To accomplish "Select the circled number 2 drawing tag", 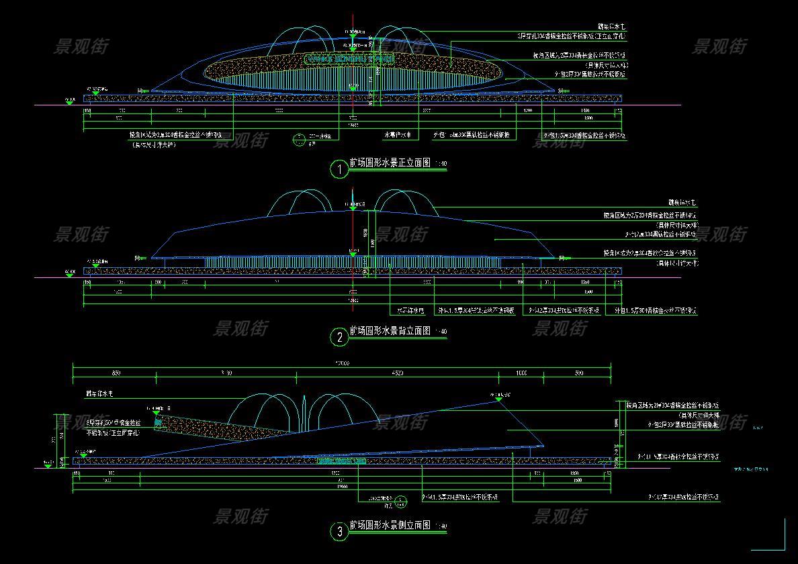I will pyautogui.click(x=340, y=337).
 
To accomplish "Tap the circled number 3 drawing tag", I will pyautogui.click(x=340, y=532).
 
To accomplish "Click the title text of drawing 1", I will pyautogui.click(x=390, y=163).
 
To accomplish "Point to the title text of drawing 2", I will pyautogui.click(x=390, y=331).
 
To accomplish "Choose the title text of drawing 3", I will pyautogui.click(x=390, y=525).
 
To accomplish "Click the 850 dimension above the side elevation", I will pyautogui.click(x=116, y=373).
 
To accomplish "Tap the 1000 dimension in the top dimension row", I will pyautogui.click(x=521, y=373).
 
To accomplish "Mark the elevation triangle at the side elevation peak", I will pyautogui.click(x=498, y=399).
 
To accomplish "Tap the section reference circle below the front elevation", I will pyautogui.click(x=299, y=140).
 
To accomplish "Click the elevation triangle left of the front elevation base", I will pyautogui.click(x=69, y=103).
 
